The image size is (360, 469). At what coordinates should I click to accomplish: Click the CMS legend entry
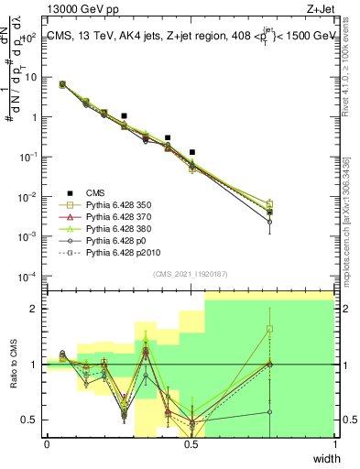(x=95, y=192)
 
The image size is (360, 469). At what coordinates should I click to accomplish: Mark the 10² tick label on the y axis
(x=30, y=38)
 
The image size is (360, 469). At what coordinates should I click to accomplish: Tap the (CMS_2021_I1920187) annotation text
(x=191, y=273)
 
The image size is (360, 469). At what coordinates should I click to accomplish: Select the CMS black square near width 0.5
(x=192, y=152)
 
